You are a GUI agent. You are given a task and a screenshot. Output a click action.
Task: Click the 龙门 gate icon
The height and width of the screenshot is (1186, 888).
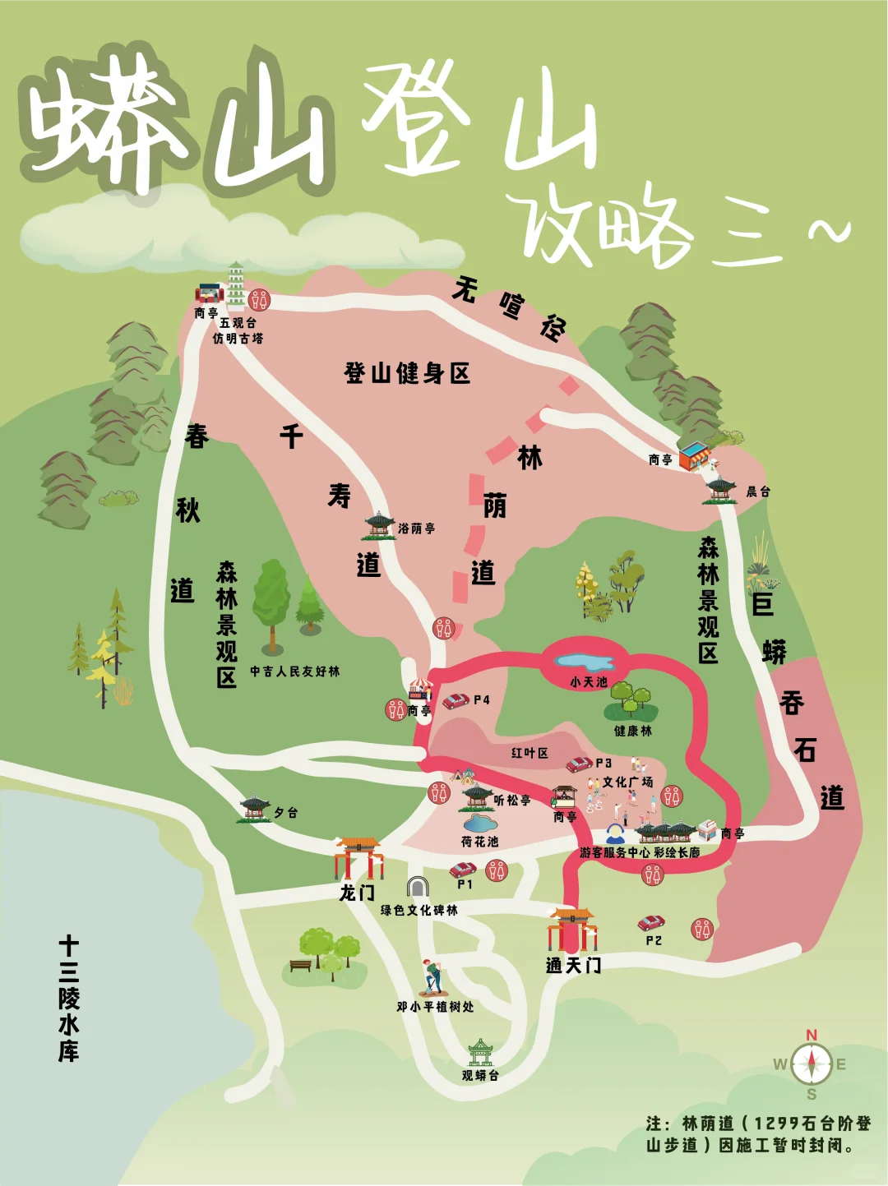point(358,858)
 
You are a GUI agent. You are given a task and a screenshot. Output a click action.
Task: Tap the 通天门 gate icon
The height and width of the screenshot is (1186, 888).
point(572,930)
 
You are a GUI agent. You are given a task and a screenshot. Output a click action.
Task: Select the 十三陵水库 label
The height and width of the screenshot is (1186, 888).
point(68,998)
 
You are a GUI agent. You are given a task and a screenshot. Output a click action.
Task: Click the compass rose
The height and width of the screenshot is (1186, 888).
point(812,1064)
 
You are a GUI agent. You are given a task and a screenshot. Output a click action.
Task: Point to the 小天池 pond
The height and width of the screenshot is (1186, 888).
point(585,662)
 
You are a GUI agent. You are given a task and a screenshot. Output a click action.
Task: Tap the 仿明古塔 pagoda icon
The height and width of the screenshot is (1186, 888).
point(236,284)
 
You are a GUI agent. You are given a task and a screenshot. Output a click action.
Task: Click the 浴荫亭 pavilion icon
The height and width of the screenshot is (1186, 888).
point(380,524)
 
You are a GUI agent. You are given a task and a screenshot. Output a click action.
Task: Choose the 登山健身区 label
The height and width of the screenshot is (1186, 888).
point(407,373)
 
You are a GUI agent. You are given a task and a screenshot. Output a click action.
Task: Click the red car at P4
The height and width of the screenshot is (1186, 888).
point(456,701)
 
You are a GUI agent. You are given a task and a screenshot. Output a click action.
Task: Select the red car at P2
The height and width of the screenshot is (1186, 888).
point(652,923)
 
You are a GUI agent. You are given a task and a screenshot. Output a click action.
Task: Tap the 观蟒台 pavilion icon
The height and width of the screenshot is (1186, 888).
point(480,1052)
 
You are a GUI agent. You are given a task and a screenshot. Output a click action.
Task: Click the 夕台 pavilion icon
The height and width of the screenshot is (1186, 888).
point(255,807)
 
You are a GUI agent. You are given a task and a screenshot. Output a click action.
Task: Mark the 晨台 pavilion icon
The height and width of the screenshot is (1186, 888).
point(721,488)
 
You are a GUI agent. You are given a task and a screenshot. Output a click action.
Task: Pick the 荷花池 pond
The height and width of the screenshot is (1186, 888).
point(479,823)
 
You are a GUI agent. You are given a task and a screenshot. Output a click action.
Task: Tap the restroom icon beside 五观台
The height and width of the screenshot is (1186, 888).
point(259,300)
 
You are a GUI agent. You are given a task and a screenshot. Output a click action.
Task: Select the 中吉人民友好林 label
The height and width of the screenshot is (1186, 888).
point(294,671)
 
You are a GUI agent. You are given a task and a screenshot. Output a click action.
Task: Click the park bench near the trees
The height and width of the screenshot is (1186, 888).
point(301,965)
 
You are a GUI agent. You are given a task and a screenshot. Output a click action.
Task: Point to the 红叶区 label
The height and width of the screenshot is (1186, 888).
point(530,753)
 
